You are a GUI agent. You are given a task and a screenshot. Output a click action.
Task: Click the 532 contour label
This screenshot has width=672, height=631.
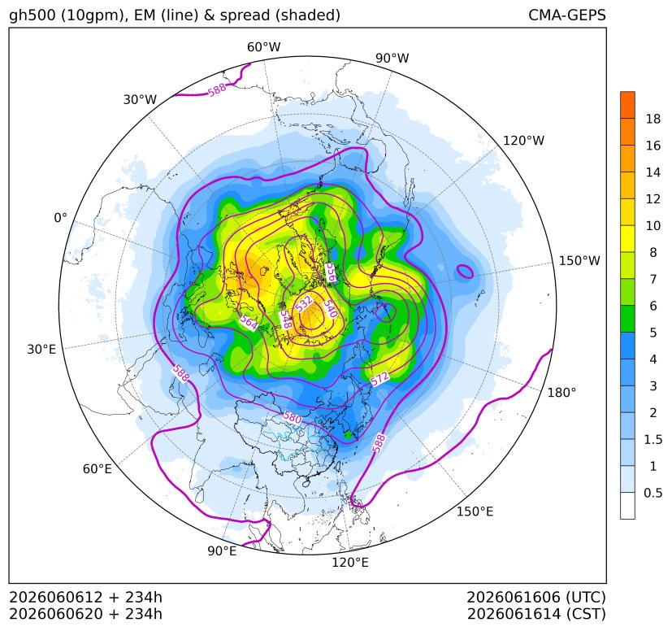[x=304, y=303]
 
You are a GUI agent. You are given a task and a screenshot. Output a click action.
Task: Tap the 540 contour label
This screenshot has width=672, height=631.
[x=330, y=308]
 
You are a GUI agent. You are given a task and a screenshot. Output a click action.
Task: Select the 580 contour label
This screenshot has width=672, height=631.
[x=293, y=417]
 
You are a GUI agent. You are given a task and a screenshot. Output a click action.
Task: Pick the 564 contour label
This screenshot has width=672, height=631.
[x=249, y=322]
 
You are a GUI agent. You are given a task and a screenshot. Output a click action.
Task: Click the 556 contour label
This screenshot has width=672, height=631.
[x=331, y=273]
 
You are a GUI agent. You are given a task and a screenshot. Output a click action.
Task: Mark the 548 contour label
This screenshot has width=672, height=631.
[x=285, y=320]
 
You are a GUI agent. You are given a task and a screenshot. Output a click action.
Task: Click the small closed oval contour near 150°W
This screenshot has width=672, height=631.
[x=465, y=271]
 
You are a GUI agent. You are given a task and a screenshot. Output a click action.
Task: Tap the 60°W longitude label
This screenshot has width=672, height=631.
[x=263, y=47]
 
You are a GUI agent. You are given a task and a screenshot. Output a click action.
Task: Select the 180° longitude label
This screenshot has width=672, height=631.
[x=561, y=393]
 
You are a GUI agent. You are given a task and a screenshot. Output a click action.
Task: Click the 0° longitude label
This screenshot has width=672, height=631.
[x=60, y=218]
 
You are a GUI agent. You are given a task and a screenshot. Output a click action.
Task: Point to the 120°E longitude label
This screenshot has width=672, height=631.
[x=350, y=563]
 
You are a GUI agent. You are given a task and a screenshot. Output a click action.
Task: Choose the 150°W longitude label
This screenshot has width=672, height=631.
[x=579, y=260]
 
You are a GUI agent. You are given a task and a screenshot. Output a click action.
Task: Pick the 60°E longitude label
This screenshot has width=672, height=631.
[x=98, y=469]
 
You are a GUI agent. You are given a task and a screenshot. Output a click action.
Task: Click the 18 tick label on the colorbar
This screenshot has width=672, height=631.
[x=653, y=119]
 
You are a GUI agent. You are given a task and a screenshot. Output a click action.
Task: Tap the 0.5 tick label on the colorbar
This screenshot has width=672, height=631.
[x=653, y=493]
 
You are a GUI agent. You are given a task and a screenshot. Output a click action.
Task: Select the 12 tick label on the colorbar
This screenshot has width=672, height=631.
[x=653, y=199]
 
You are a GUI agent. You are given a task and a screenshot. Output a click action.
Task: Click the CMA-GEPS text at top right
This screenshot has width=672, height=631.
[x=567, y=15]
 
